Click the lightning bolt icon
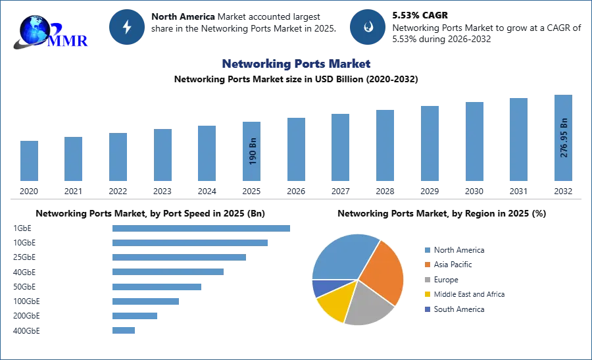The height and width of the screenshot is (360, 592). (127, 27)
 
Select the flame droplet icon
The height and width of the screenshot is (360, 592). (368, 27)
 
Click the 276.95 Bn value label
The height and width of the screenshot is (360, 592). (563, 138)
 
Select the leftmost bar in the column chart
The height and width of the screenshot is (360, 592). (28, 161)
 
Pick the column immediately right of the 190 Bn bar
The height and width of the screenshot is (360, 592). (295, 149)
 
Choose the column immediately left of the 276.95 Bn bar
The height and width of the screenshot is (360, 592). (518, 139)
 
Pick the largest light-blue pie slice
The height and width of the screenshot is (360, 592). (342, 257)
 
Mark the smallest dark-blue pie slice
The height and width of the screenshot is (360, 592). (321, 288)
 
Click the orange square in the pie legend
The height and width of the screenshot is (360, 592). (427, 265)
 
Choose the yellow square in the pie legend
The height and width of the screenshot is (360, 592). (427, 295)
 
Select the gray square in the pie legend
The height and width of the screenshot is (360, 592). (427, 280)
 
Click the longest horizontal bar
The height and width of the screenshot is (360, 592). (202, 227)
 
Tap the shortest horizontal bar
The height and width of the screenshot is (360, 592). (124, 331)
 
